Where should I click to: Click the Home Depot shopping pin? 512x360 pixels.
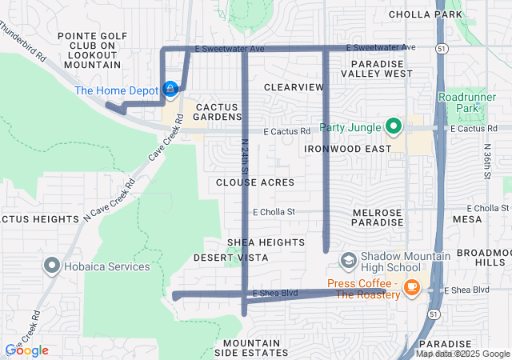click(x=170, y=90)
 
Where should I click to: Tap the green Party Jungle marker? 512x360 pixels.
click(x=393, y=126)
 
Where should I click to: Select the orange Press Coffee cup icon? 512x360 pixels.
click(x=412, y=286)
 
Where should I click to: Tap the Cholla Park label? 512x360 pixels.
click(x=426, y=14)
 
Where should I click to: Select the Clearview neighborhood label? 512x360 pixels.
click(x=293, y=86)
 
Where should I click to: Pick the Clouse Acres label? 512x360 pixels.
click(x=255, y=182)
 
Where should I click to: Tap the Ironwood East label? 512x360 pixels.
click(x=348, y=148)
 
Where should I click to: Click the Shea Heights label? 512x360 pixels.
click(x=266, y=242)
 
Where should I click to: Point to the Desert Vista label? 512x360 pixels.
click(x=225, y=258)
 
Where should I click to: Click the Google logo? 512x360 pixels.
click(x=26, y=350)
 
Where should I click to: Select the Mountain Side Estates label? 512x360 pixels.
click(x=247, y=348)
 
